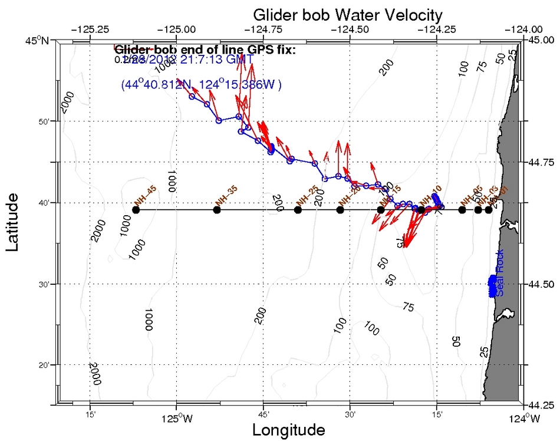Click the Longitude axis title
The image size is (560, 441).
point(288,430)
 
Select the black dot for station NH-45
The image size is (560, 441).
point(136,210)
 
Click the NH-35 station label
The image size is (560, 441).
point(226,196)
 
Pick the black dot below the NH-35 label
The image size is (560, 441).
point(217,210)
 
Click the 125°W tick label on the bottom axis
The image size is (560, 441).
point(176,419)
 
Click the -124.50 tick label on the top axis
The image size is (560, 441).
point(350,28)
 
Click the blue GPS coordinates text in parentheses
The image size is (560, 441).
point(200,85)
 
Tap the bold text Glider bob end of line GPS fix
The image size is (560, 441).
point(205,50)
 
